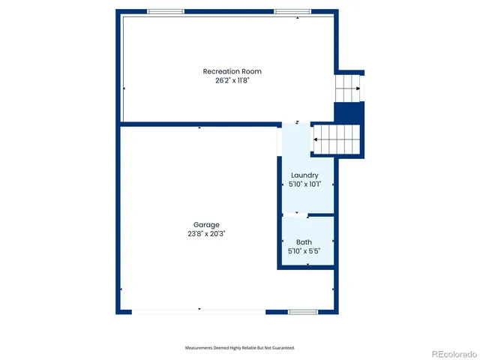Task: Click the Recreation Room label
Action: pyautogui.click(x=232, y=71)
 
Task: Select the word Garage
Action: pyautogui.click(x=206, y=225)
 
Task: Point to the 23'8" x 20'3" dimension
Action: pyautogui.click(x=206, y=233)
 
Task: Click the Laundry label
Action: pyautogui.click(x=304, y=175)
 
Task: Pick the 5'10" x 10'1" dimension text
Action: pyautogui.click(x=304, y=184)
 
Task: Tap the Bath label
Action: pyautogui.click(x=304, y=242)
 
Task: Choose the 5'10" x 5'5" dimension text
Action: pyautogui.click(x=304, y=250)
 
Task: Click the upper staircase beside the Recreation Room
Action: pyautogui.click(x=347, y=88)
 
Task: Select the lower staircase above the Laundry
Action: pyautogui.click(x=337, y=139)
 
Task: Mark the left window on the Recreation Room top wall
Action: pyautogui.click(x=166, y=12)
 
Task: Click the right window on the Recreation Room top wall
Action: pyautogui.click(x=293, y=12)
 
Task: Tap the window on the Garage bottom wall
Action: pyautogui.click(x=303, y=311)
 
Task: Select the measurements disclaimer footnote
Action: pyautogui.click(x=240, y=348)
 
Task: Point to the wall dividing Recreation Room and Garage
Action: pyautogui.click(x=199, y=124)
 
